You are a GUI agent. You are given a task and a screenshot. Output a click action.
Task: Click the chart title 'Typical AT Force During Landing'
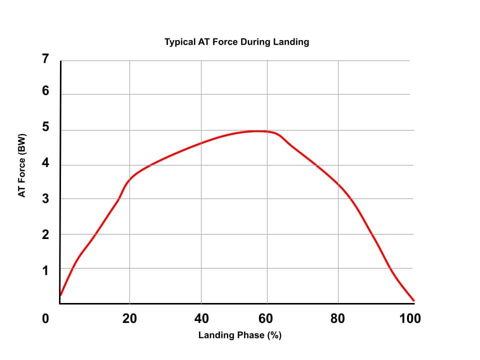coord(236,42)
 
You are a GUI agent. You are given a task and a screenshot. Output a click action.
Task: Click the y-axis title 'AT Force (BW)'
coord(22,164)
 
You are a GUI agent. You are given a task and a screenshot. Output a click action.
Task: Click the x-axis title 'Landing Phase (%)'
coord(240,335)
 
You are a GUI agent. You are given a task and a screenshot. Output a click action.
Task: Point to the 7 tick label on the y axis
coord(45,59)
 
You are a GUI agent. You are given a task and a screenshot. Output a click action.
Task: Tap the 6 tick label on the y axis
coord(45,91)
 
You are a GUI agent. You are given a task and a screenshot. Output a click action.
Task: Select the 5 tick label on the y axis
coord(45,127)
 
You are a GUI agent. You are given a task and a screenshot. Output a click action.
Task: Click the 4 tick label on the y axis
coord(45,163)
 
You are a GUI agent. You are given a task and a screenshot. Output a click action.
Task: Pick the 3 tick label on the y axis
coord(45,199)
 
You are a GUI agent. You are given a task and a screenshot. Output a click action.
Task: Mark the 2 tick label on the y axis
coord(45,234)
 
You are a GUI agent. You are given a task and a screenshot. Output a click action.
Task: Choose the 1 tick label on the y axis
coord(45,270)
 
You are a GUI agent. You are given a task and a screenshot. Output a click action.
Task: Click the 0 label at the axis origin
coord(45,318)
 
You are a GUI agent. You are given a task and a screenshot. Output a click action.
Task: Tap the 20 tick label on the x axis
coord(129,318)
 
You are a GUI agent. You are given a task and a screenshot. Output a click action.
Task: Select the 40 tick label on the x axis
coord(201,318)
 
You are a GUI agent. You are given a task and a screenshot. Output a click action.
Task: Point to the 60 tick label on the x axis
coord(266,318)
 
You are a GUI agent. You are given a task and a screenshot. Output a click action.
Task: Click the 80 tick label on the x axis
coord(338,318)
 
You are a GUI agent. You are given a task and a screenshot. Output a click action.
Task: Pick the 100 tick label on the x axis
coord(410,318)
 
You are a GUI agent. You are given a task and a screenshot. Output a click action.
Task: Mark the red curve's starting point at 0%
coord(60,295)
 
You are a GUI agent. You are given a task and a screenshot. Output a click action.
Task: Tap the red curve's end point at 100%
coord(414,301)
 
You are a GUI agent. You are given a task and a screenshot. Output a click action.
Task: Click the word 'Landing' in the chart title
coord(291,42)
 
